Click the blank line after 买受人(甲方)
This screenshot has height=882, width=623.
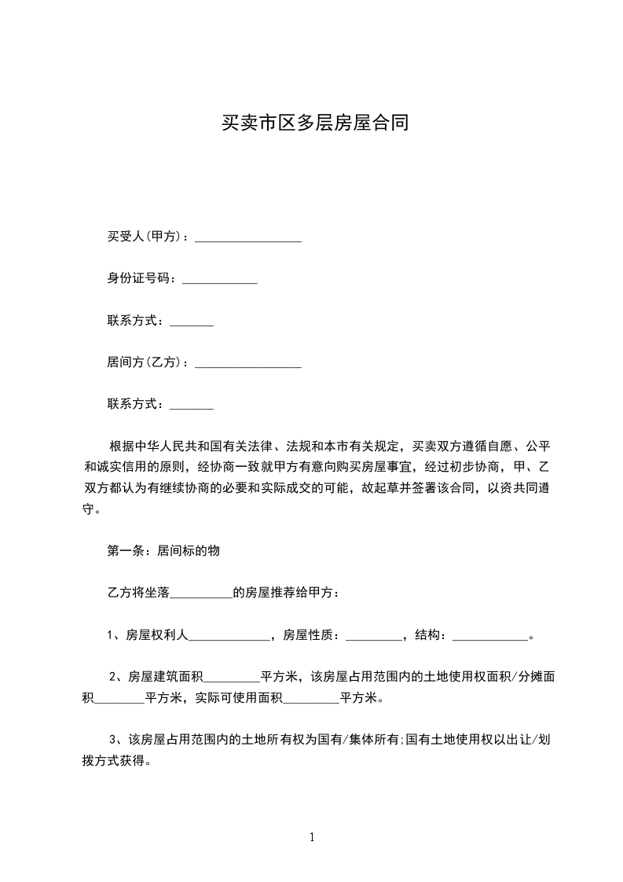click(x=248, y=237)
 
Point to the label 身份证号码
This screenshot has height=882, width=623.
click(x=141, y=278)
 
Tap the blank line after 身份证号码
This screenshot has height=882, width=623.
click(x=220, y=280)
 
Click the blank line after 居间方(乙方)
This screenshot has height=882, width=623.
click(x=248, y=364)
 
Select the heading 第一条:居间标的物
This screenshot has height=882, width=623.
click(x=163, y=551)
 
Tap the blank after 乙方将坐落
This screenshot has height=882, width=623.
click(x=201, y=594)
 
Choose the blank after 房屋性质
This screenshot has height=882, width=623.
click(x=373, y=637)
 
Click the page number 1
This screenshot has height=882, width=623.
click(x=312, y=838)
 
